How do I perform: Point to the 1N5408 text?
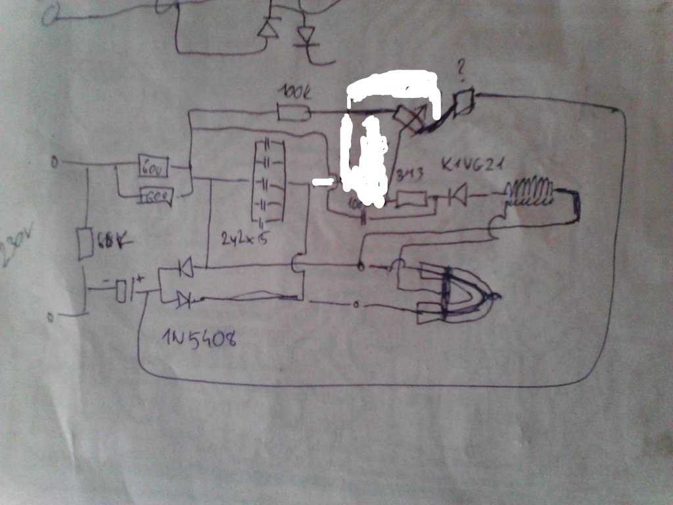tap(198, 338)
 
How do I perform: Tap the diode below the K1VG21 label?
tap(457, 195)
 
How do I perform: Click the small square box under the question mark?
tap(465, 101)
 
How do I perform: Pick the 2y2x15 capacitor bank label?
tap(244, 240)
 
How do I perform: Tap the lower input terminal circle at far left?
tap(51, 318)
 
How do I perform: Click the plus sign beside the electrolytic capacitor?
tap(141, 279)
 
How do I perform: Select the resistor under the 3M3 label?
tap(411, 199)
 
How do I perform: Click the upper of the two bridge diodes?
tap(184, 268)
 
